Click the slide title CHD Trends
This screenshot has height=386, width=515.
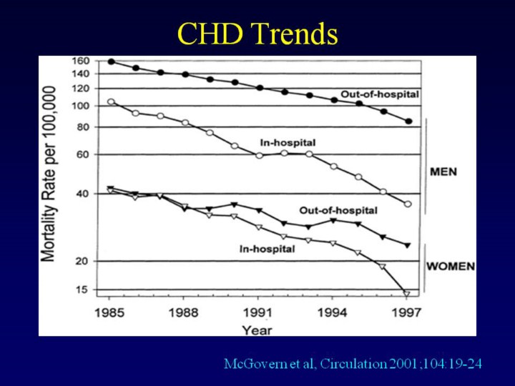click(x=257, y=34)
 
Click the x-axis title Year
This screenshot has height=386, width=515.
click(x=257, y=330)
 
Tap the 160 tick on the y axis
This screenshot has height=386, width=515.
click(x=81, y=61)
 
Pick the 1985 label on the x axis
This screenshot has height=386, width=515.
click(x=109, y=312)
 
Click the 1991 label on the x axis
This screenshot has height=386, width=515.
click(x=258, y=312)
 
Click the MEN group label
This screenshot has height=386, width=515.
click(x=443, y=172)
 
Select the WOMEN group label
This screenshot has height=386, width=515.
click(x=451, y=267)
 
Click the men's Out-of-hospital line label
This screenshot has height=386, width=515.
click(x=379, y=94)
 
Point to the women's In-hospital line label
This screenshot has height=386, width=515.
click(x=268, y=249)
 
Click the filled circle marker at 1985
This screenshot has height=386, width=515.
click(x=111, y=61)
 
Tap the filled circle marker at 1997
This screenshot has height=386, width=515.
click(x=408, y=122)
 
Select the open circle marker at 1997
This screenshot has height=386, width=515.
click(x=408, y=204)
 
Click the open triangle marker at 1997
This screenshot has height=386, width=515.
click(x=406, y=293)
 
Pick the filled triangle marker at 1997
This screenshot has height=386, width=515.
click(x=407, y=245)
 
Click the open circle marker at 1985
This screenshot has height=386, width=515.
click(x=111, y=102)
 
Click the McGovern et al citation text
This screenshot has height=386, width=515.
click(x=353, y=364)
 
